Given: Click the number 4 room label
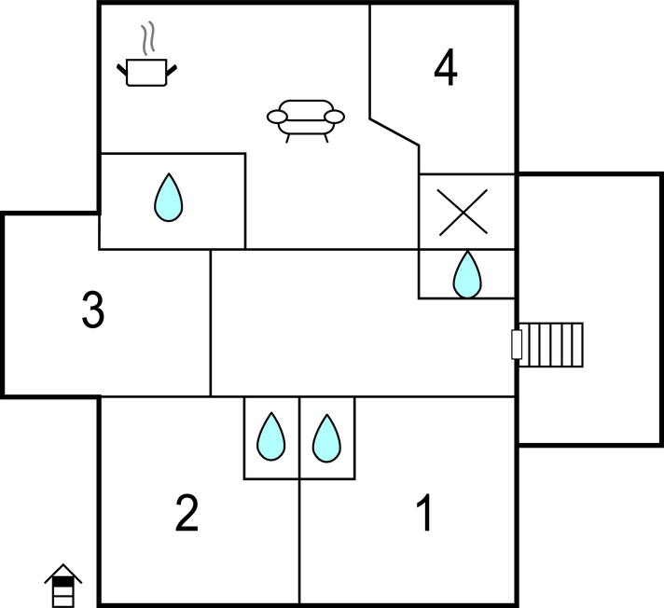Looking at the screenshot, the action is pos(446,67).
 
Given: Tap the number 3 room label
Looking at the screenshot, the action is pos(93,310).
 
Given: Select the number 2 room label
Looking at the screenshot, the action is pos(187,513).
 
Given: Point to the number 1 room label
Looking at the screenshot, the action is pos(424,512).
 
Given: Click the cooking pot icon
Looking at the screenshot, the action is pos(146,73).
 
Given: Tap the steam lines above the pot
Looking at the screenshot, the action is pos(147,38).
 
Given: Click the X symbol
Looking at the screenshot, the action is pos(463,212).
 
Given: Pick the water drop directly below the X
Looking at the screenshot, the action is pos(467,274).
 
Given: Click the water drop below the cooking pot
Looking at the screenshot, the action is pos(169,198).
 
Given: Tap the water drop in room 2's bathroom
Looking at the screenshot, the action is pos(271,436).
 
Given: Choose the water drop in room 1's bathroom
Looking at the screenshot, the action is pos(326,438).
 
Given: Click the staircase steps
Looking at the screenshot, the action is pos(551,345).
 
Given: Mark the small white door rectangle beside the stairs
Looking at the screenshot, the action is pos(517,345).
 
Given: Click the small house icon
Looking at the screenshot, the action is pos(63,586).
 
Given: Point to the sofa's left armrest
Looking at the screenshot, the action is pos(277,117).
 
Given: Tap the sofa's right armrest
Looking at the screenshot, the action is pos(334,117).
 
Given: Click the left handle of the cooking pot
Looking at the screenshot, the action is pos(122,69).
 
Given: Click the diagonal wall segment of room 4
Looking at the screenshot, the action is pos(394,132).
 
